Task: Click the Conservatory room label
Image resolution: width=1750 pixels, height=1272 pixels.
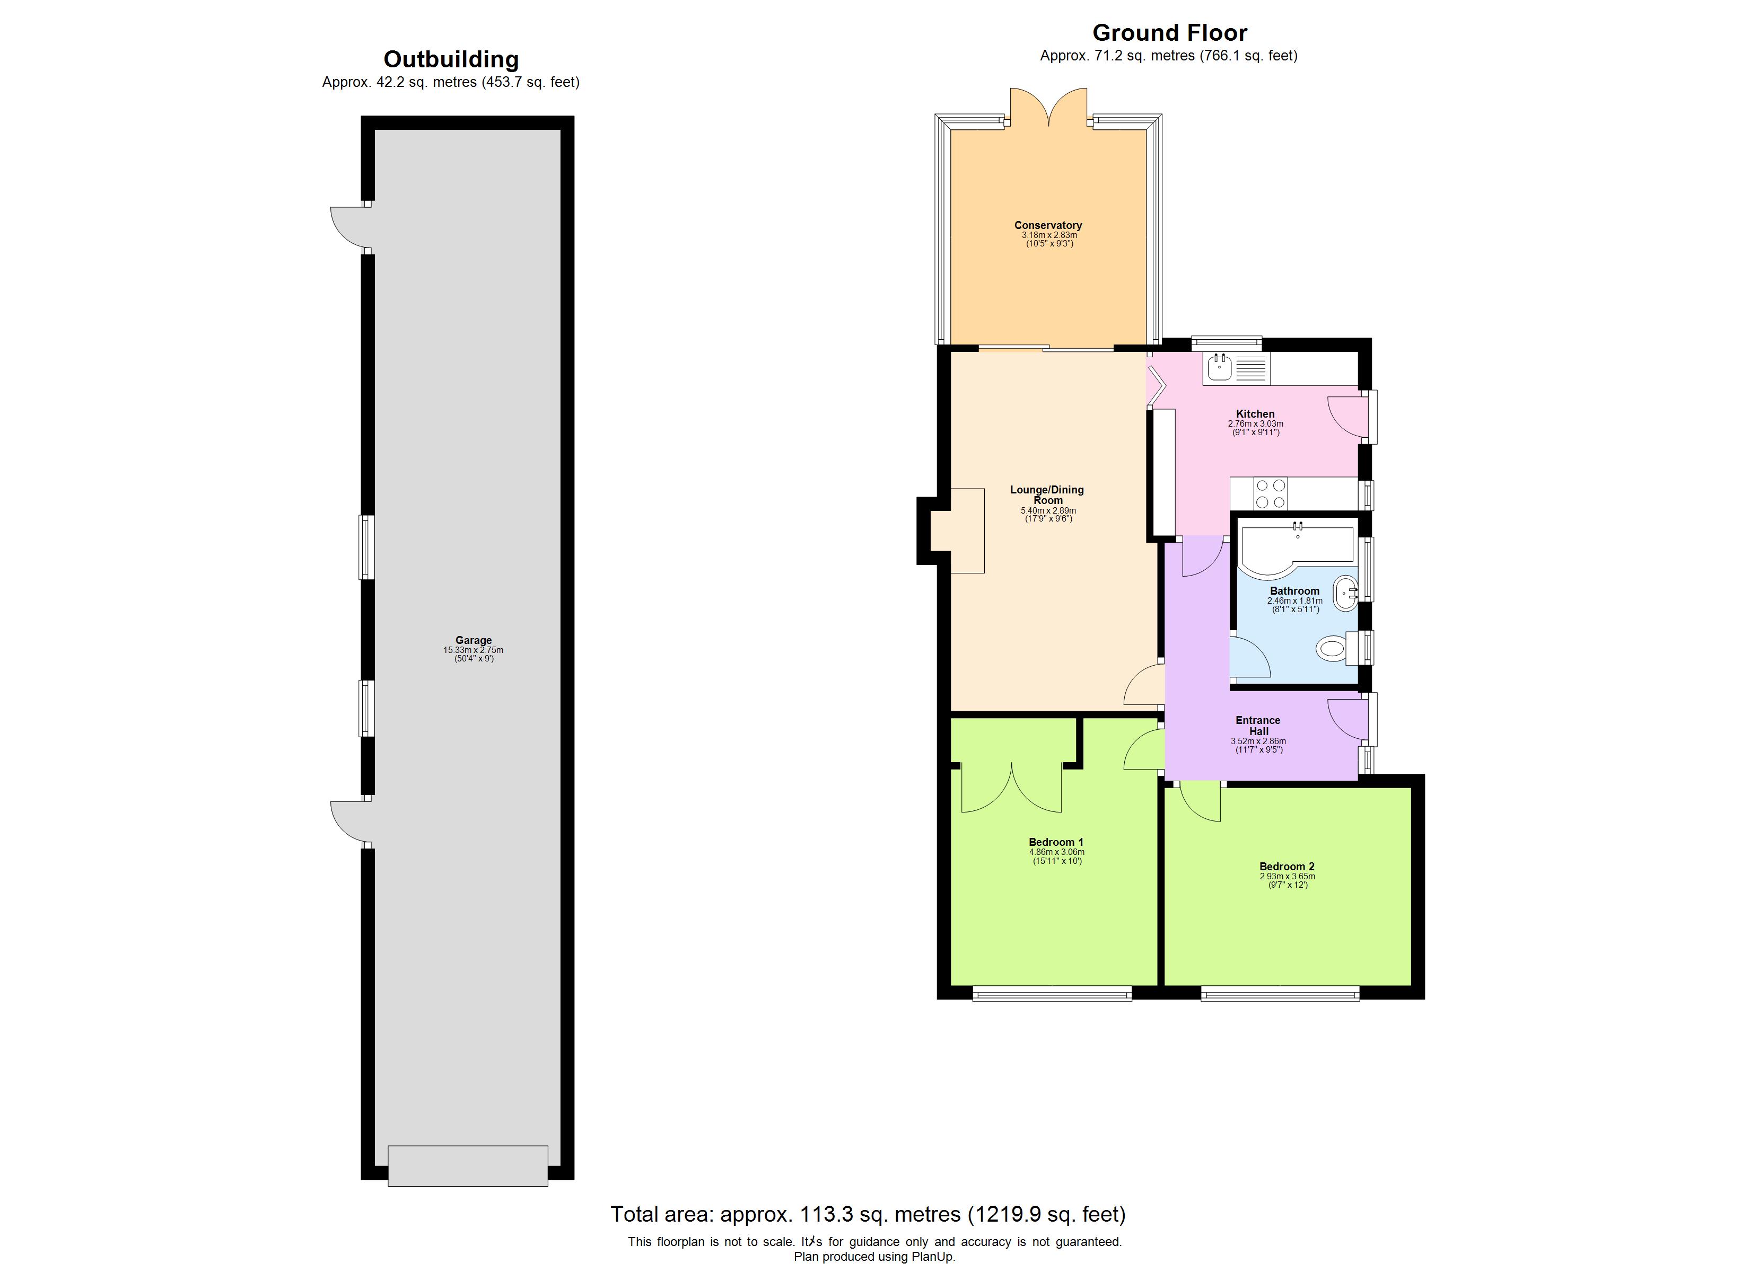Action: click(1048, 225)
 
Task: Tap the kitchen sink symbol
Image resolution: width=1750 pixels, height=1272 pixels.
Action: click(1220, 368)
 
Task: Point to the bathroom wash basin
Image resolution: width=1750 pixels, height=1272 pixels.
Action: click(1346, 593)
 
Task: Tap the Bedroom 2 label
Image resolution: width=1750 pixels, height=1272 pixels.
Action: click(1287, 866)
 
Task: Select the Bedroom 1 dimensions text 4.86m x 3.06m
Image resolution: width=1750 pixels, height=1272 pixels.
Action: click(1056, 852)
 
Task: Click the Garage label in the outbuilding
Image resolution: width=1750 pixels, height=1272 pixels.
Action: click(473, 640)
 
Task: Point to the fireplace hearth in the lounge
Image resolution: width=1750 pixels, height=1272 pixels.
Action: click(958, 531)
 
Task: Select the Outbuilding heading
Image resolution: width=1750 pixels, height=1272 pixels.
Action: click(451, 59)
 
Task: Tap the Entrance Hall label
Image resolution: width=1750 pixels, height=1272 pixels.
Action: click(1258, 725)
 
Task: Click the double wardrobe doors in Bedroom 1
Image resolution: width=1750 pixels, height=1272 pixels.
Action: click(1012, 791)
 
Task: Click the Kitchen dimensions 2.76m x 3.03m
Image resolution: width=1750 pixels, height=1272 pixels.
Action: click(1255, 423)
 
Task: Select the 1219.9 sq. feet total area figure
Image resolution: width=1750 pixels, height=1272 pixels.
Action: click(1046, 1214)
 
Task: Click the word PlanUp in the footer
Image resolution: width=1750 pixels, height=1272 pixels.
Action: click(933, 1257)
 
